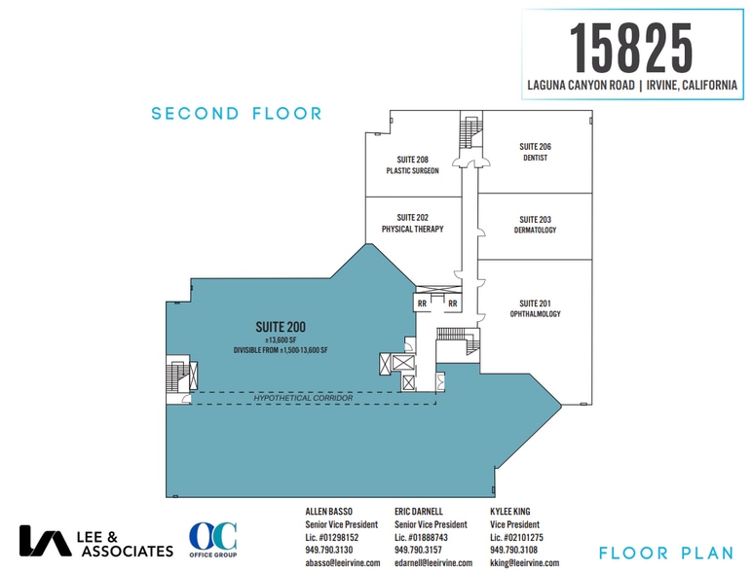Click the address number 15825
[x=630, y=46]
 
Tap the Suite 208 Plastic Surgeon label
[x=412, y=164]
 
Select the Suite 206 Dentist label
[x=535, y=152]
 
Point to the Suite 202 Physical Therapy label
[x=412, y=223]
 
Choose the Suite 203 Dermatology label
[x=535, y=225]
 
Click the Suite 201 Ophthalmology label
[x=535, y=307]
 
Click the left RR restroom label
[x=423, y=303]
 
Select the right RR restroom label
[x=453, y=303]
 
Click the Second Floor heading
[x=237, y=114]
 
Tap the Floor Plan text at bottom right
[x=661, y=554]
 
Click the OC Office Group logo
[x=212, y=542]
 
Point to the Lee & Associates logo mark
[x=45, y=541]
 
